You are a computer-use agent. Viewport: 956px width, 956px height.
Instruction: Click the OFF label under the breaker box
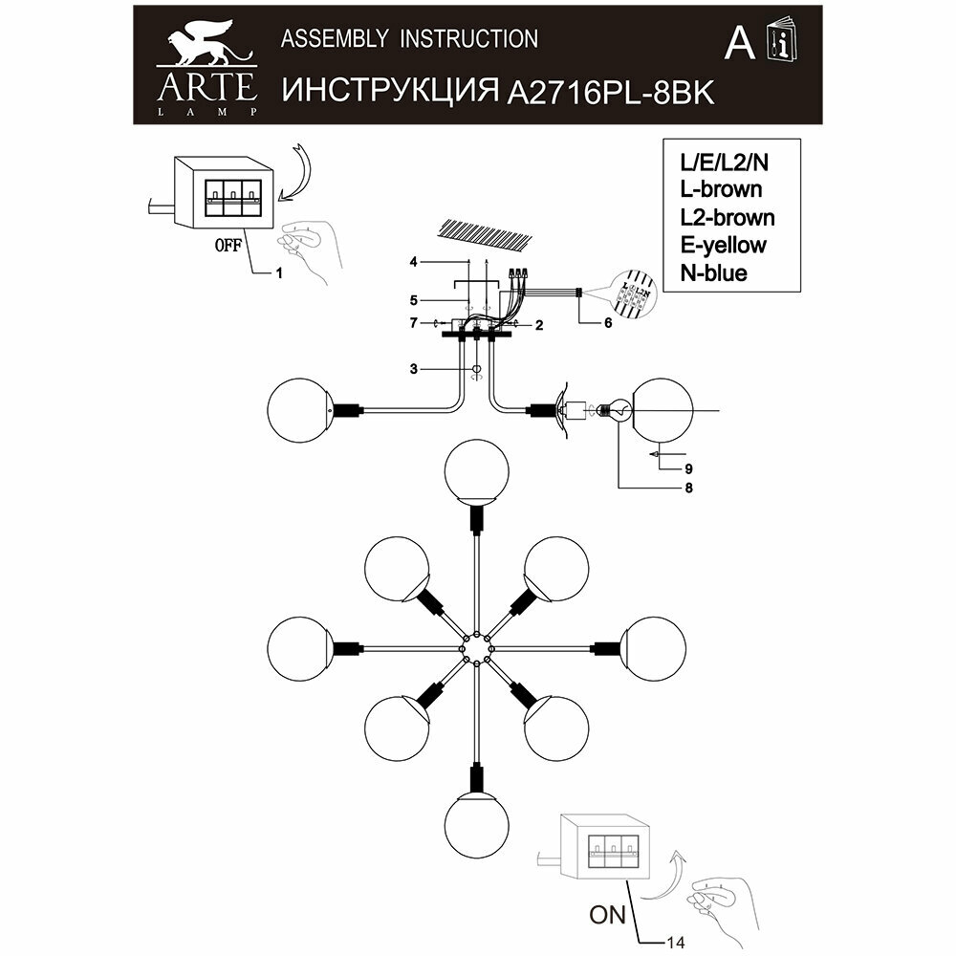(x=227, y=245)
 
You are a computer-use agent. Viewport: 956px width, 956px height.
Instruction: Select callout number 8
(x=688, y=489)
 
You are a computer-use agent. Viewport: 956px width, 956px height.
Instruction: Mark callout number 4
(x=414, y=261)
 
